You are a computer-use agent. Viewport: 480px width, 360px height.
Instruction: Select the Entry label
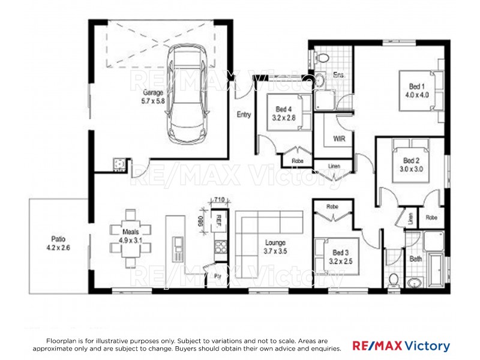pos(244,115)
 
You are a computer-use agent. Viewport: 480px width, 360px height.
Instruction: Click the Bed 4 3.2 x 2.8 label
pos(283,113)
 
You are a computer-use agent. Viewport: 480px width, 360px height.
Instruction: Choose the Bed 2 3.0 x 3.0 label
pos(412,165)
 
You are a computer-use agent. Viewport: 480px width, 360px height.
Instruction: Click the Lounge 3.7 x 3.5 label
pos(276,247)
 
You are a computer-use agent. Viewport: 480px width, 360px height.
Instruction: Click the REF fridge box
pos(219,220)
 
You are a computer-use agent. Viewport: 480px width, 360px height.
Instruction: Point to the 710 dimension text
pos(218,200)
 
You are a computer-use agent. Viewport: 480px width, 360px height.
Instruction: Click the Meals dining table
pos(130,239)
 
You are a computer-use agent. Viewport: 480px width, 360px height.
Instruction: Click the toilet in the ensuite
pos(322,58)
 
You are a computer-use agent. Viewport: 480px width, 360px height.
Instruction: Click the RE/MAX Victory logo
pos(400,346)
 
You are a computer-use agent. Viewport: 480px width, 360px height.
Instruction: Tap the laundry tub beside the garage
pos(118,163)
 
